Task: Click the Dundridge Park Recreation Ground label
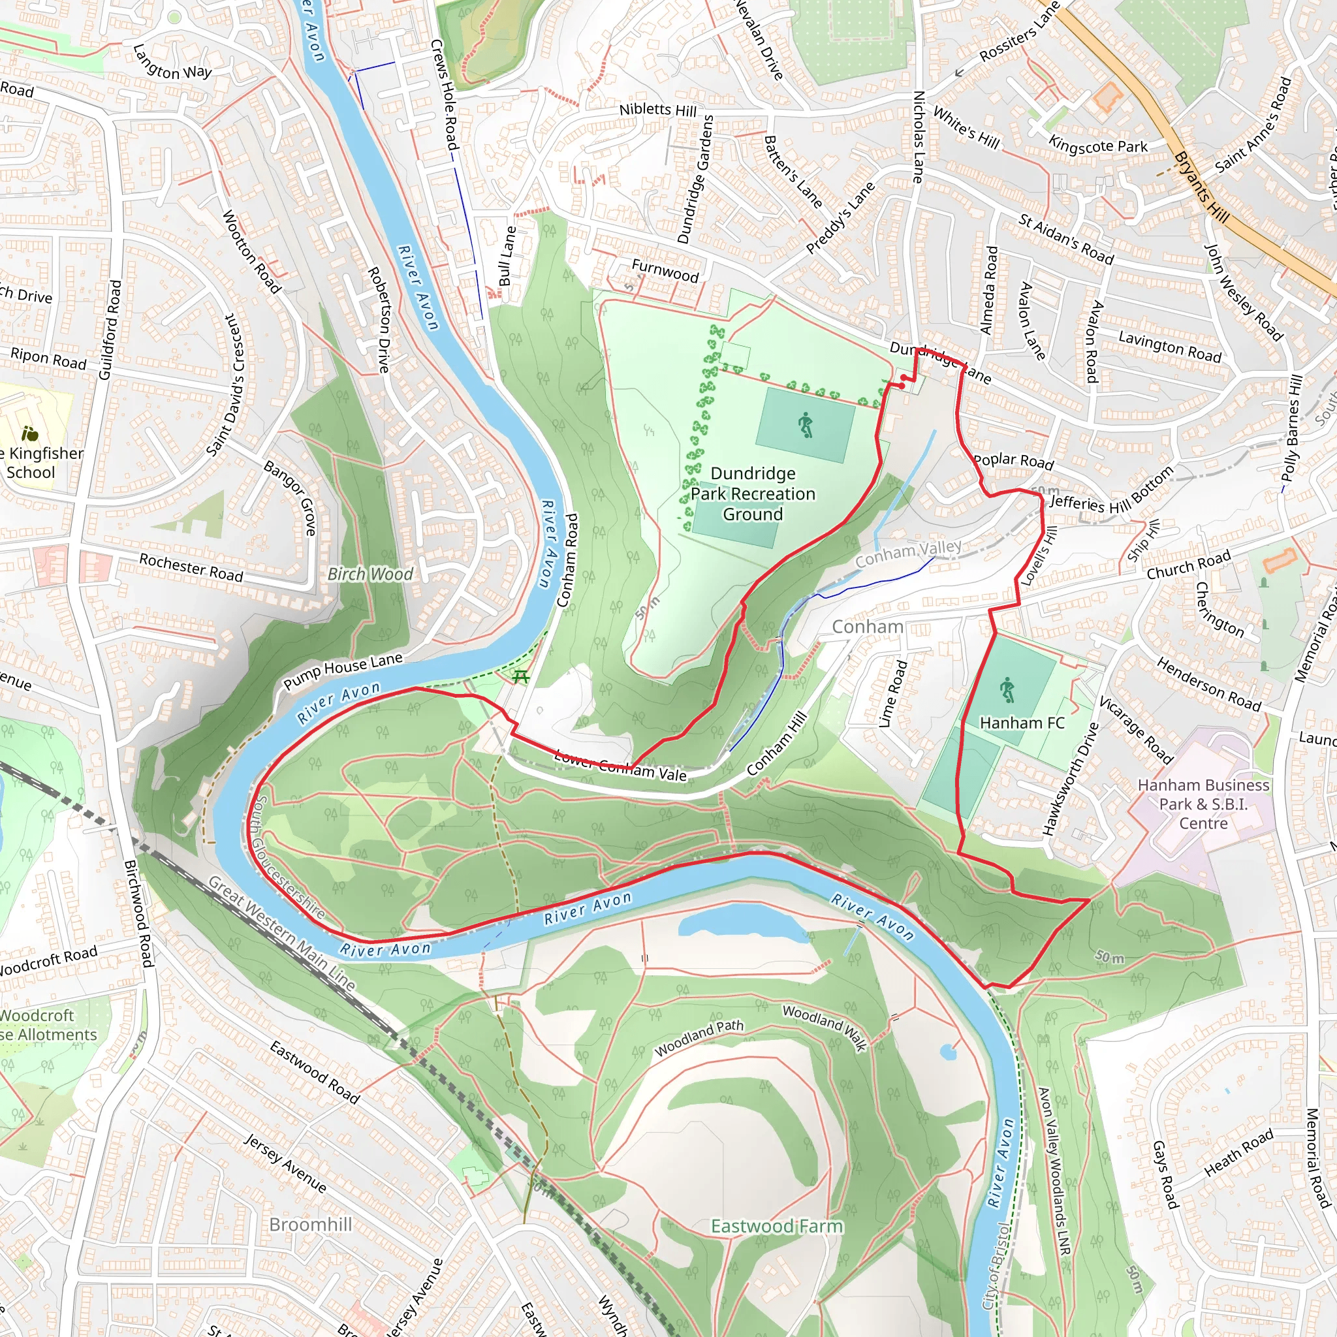pos(753,494)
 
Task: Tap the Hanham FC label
pos(1022,723)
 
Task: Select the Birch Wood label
pos(370,574)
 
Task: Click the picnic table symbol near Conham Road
pos(520,676)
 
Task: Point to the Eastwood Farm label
pos(776,1226)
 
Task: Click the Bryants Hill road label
pos(1201,187)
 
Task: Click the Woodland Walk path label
pos(825,1028)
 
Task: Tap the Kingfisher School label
pos(42,462)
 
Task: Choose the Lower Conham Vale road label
pos(620,766)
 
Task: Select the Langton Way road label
pos(172,62)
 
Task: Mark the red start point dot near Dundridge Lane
pos(904,377)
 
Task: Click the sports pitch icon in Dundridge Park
pos(806,425)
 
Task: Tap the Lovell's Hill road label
pos(1039,555)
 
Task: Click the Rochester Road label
pos(191,567)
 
